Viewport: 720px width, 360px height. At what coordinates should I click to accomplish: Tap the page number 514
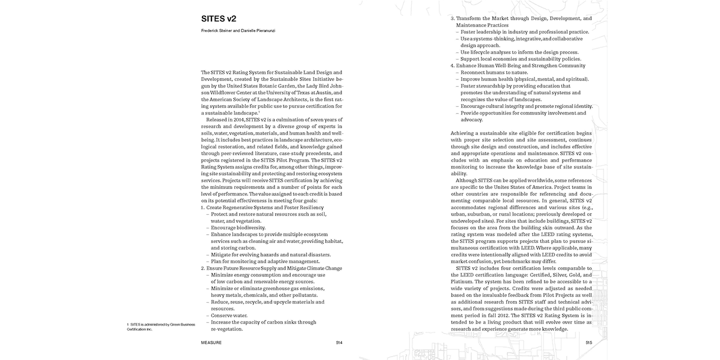(x=339, y=342)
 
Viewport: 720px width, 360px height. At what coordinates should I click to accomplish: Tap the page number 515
(x=588, y=342)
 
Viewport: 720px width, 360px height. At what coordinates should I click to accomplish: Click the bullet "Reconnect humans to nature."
(x=494, y=73)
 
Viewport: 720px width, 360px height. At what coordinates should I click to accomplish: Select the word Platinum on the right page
(x=462, y=282)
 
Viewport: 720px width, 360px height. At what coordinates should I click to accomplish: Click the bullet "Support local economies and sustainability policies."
(x=520, y=59)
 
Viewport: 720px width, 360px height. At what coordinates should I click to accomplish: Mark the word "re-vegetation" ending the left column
(x=227, y=329)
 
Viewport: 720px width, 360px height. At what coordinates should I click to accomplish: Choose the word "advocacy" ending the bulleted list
(x=471, y=120)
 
